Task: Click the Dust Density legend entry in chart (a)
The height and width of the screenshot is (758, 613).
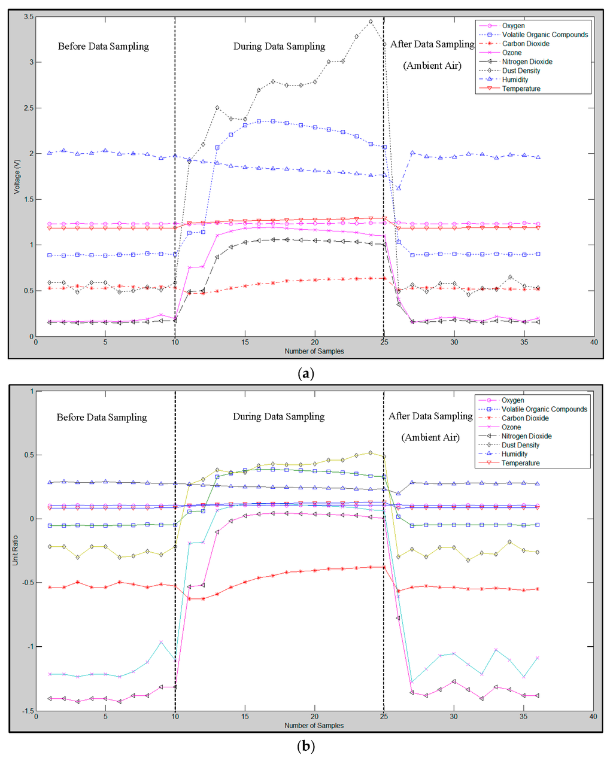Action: point(521,71)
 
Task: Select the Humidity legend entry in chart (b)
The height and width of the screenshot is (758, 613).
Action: point(514,454)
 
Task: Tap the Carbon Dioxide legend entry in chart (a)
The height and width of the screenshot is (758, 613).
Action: point(526,44)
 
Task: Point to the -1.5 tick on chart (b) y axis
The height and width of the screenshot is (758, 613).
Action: point(26,711)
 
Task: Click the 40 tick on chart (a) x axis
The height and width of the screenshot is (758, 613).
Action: point(593,342)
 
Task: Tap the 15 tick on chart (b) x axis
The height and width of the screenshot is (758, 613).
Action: point(245,717)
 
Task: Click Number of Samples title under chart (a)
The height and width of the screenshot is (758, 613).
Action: point(314,351)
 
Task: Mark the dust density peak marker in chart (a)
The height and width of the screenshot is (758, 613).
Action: point(371,22)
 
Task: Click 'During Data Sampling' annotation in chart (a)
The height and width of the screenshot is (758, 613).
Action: point(279,47)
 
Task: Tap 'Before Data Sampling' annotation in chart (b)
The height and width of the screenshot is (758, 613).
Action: point(102,417)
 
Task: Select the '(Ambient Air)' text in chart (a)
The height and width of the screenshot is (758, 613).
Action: point(432,66)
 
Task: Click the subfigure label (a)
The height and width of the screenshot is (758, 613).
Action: point(306,374)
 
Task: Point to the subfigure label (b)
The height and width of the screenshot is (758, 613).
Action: point(306,746)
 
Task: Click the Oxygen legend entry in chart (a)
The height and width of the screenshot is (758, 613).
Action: point(513,26)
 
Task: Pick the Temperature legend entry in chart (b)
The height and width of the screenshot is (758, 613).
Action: point(520,463)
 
